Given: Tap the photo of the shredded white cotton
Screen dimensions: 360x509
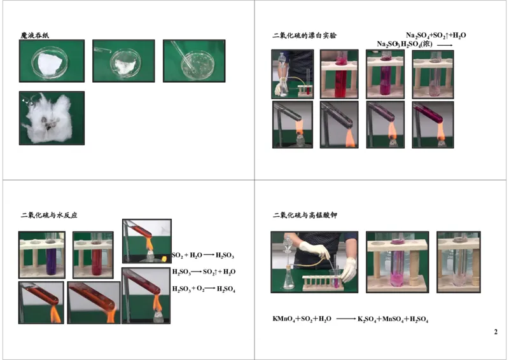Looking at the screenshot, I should click(52, 118).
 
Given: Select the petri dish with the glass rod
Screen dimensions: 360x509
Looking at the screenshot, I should click(194, 61).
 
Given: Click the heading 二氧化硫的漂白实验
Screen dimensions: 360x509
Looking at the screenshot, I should click(305, 36).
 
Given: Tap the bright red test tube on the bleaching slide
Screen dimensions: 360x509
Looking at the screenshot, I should click(340, 75).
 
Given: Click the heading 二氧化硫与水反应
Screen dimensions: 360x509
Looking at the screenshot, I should click(49, 215).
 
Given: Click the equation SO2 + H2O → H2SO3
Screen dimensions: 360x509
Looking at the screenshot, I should click(203, 255).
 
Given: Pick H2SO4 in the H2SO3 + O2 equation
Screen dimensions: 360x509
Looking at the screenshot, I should click(225, 289).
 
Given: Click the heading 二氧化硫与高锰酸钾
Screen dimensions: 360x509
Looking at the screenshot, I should click(305, 215).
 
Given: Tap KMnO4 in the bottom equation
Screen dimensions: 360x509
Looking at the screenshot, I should click(284, 319).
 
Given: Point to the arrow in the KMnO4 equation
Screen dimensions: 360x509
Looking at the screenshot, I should click(345, 319).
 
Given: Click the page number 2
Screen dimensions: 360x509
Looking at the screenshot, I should click(496, 332).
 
